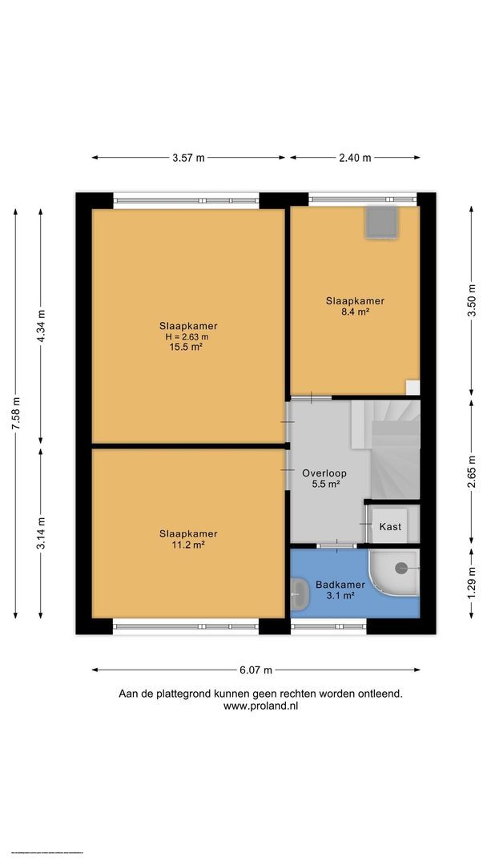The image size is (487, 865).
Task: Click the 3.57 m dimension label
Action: coord(188,158)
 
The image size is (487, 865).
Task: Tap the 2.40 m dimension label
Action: coord(355,158)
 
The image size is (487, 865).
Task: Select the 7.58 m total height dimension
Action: coord(15,413)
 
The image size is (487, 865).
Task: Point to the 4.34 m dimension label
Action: coord(42,325)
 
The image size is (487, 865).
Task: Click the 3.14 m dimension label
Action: coord(42,533)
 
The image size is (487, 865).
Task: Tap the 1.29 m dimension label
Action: coord(472,581)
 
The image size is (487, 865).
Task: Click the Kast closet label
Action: coord(390,526)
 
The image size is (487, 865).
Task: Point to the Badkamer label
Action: coord(340,585)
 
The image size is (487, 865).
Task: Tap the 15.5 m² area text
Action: coord(188,347)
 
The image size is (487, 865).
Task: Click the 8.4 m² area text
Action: coord(355,312)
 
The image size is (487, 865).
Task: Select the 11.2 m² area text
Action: coord(188,545)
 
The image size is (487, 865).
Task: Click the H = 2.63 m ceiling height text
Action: coord(188,336)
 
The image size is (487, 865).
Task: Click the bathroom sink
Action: coord(300,594)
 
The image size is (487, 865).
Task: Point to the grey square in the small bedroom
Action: coord(381,222)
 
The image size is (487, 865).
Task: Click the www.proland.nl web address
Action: coord(260,706)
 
